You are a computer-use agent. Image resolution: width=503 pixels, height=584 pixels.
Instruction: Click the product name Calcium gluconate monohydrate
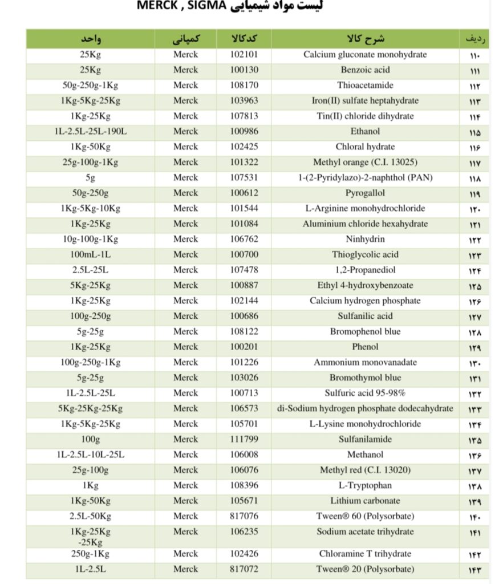click(365, 55)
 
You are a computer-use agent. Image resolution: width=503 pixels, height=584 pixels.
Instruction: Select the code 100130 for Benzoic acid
click(244, 70)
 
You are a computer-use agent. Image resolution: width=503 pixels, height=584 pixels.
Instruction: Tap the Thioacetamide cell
click(365, 86)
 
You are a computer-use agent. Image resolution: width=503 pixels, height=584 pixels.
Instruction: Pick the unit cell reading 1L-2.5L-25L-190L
click(91, 131)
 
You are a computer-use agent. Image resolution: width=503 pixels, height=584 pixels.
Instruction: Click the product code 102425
click(244, 147)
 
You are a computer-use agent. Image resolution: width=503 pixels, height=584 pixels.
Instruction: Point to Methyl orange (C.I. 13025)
click(365, 162)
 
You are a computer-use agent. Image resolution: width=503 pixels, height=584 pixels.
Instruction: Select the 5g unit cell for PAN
click(91, 177)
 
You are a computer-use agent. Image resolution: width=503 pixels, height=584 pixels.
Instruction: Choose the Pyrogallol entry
click(365, 193)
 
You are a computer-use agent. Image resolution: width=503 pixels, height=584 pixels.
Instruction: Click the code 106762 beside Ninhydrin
click(244, 239)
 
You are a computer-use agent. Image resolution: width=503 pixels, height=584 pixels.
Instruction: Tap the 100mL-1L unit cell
click(91, 254)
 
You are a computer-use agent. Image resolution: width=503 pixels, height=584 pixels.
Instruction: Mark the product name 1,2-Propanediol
click(365, 270)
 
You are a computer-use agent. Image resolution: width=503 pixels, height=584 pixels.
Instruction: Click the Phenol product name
click(365, 347)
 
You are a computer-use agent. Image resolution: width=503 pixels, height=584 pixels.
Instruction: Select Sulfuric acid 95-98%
click(365, 393)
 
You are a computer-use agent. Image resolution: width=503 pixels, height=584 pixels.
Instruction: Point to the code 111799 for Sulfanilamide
click(244, 439)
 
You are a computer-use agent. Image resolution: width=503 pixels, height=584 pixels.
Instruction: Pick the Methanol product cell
click(365, 455)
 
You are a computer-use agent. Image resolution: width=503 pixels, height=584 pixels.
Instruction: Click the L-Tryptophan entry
click(365, 485)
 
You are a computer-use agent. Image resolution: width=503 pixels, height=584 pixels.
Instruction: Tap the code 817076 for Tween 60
click(244, 516)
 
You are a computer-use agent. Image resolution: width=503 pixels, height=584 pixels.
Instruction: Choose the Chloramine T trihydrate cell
click(365, 554)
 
